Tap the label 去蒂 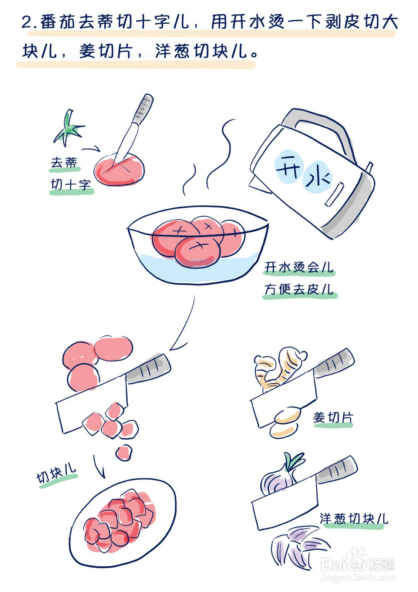click(64, 162)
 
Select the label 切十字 click(71, 184)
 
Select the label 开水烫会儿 click(299, 267)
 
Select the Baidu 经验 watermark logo click(357, 564)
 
